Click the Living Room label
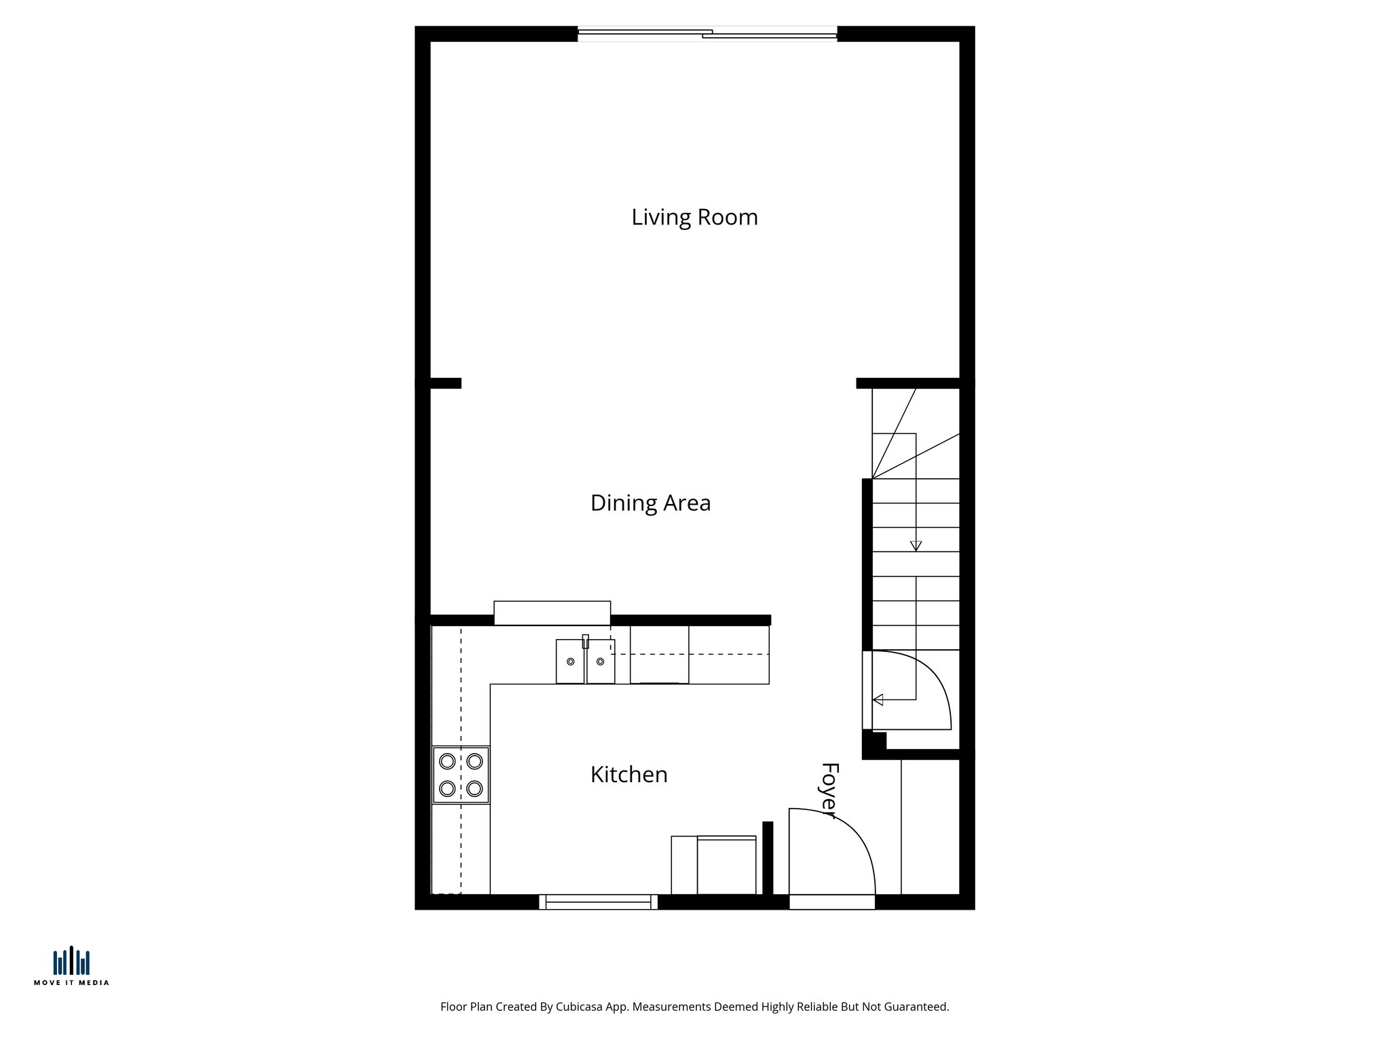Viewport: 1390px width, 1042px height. point(694,217)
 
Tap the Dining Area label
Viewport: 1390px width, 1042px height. point(650,503)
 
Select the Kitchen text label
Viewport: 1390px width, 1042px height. point(628,774)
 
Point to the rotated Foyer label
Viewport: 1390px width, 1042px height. point(829,790)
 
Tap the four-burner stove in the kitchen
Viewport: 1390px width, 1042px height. point(461,774)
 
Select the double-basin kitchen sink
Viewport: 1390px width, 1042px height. point(585,661)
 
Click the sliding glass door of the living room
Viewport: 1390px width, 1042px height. point(707,33)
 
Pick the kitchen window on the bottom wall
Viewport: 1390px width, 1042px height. point(598,902)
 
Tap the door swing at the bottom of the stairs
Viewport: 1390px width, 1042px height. point(909,691)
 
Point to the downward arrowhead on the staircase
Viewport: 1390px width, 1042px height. point(916,545)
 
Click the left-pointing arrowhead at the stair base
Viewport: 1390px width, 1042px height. point(878,699)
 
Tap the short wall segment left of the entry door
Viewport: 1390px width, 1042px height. point(768,857)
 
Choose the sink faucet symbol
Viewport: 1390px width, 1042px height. point(585,641)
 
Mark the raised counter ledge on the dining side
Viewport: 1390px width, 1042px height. point(552,613)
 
